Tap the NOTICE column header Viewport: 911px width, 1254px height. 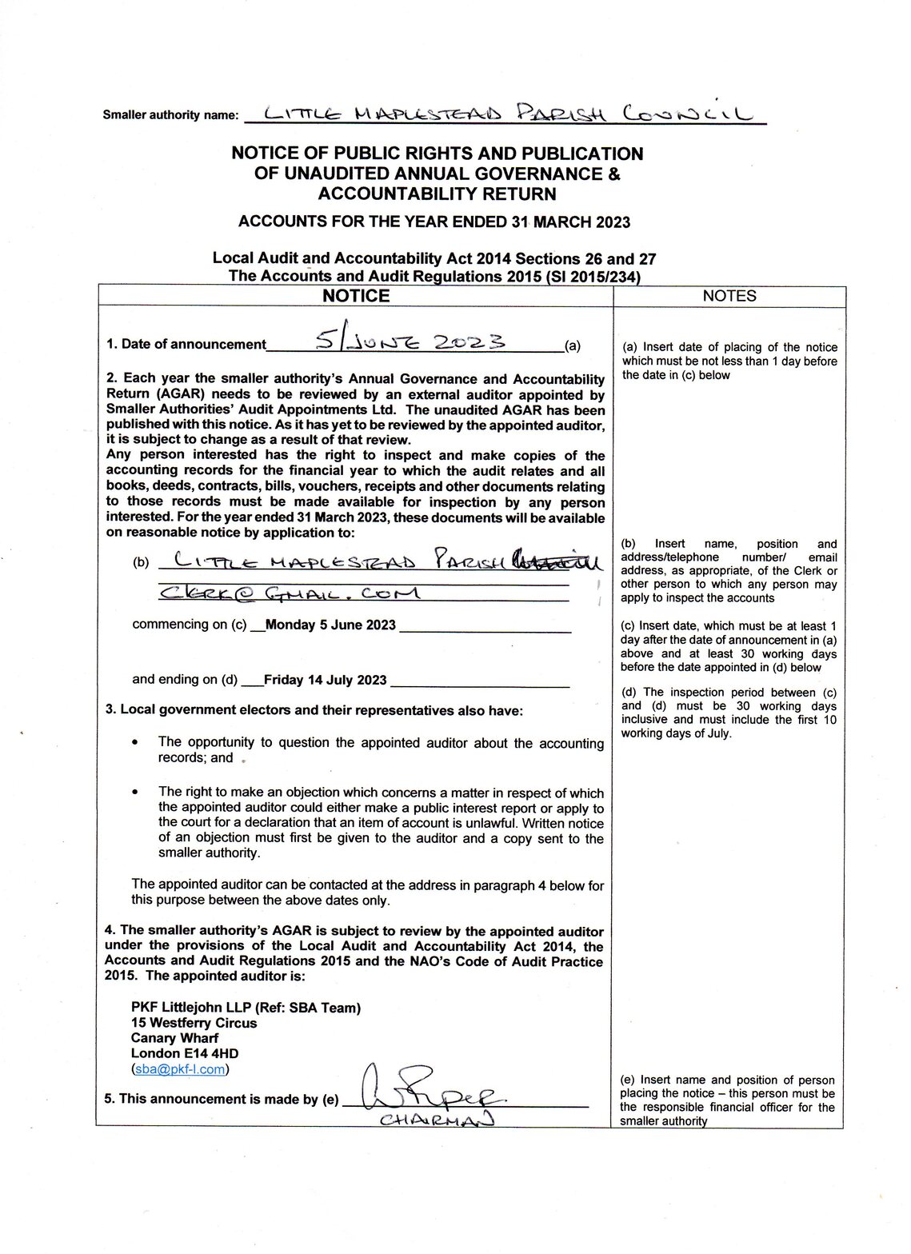(356, 296)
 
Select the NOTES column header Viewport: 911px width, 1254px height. (729, 296)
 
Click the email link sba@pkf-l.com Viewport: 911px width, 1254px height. (179, 1068)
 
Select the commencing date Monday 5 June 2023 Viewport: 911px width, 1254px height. (330, 625)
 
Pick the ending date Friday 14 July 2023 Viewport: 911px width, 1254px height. (325, 681)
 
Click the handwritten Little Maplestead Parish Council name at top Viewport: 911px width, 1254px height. (504, 114)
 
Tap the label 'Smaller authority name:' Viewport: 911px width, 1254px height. (170, 115)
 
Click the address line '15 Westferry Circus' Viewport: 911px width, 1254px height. (194, 1023)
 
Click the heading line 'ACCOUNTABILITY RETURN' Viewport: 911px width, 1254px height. (437, 194)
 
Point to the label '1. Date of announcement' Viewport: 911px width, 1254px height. (186, 345)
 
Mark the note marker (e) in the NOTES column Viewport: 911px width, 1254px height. (629, 1080)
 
